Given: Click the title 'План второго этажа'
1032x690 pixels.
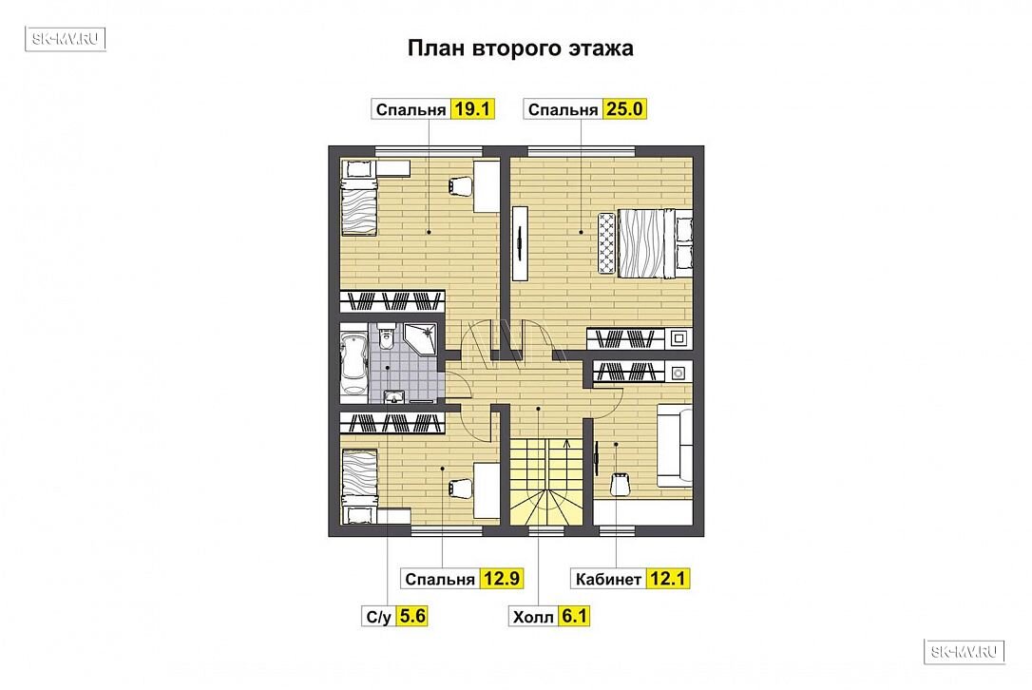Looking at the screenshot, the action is click(x=520, y=48).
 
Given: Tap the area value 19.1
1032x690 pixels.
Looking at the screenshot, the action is click(x=472, y=108).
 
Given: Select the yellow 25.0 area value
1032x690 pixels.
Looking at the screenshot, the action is click(x=624, y=108).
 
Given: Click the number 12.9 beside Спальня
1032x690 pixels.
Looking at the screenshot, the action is click(x=502, y=579).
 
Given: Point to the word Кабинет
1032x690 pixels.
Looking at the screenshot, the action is click(x=608, y=580).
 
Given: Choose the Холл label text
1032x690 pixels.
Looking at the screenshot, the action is click(x=533, y=617).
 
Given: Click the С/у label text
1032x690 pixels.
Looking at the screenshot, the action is click(x=379, y=617).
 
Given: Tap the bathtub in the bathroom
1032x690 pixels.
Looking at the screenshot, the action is click(x=354, y=363).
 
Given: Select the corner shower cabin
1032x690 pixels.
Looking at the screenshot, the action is click(x=421, y=339).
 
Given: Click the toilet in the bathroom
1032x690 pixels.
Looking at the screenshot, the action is click(x=387, y=335).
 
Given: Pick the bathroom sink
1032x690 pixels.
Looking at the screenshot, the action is click(x=394, y=395).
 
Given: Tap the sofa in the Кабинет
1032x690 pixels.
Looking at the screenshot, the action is click(x=675, y=446).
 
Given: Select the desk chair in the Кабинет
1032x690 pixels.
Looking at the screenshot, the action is click(x=620, y=484).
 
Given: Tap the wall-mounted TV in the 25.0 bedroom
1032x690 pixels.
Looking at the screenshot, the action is click(x=520, y=243).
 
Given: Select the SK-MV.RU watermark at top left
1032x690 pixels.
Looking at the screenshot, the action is click(x=66, y=39).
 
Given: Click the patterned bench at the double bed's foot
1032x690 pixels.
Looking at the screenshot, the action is click(x=606, y=243).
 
